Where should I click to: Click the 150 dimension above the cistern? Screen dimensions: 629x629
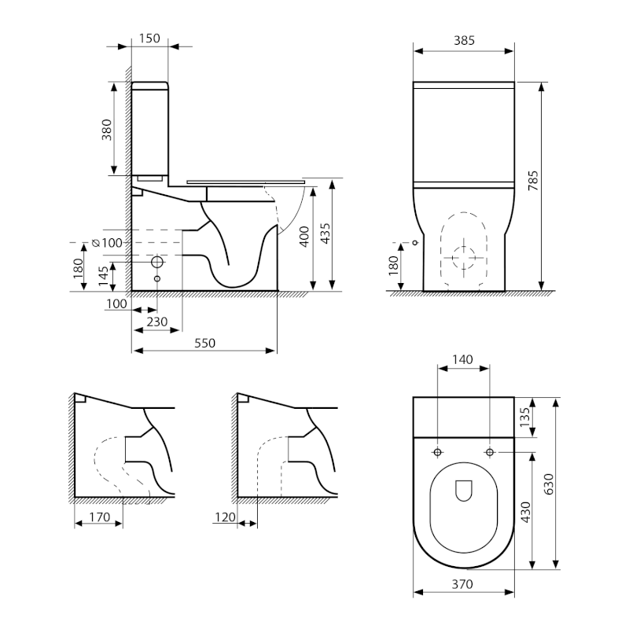[149, 39]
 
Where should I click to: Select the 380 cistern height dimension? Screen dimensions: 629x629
[107, 129]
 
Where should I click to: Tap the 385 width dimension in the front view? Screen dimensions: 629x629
[464, 40]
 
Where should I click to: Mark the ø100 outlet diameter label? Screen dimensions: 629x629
[108, 243]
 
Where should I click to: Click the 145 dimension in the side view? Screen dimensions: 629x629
[104, 275]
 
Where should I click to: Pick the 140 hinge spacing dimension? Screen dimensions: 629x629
[463, 359]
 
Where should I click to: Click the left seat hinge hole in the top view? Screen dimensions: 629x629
[437, 452]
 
